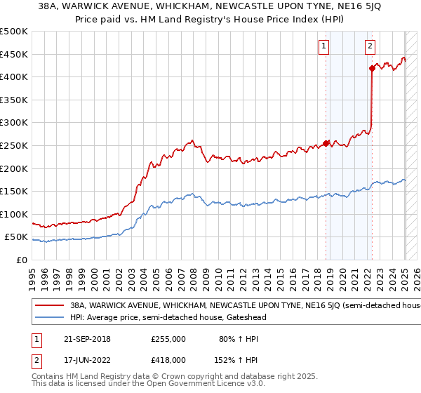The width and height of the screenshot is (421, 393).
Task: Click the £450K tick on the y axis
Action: point(14,54)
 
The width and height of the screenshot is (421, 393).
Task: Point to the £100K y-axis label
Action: point(14,214)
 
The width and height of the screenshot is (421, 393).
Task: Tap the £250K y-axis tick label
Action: point(14,145)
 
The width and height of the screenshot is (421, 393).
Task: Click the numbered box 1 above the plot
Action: point(324,47)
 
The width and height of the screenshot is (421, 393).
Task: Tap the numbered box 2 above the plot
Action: point(369,47)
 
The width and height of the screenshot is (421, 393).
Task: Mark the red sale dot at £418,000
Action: point(371,68)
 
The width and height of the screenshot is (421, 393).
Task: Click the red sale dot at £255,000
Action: point(326,143)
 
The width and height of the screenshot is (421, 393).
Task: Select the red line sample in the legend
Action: point(49,306)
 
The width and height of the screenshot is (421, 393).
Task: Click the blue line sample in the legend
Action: point(49,317)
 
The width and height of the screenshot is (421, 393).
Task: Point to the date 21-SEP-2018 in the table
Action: point(82,339)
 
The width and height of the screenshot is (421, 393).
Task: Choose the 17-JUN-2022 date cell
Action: point(82,359)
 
